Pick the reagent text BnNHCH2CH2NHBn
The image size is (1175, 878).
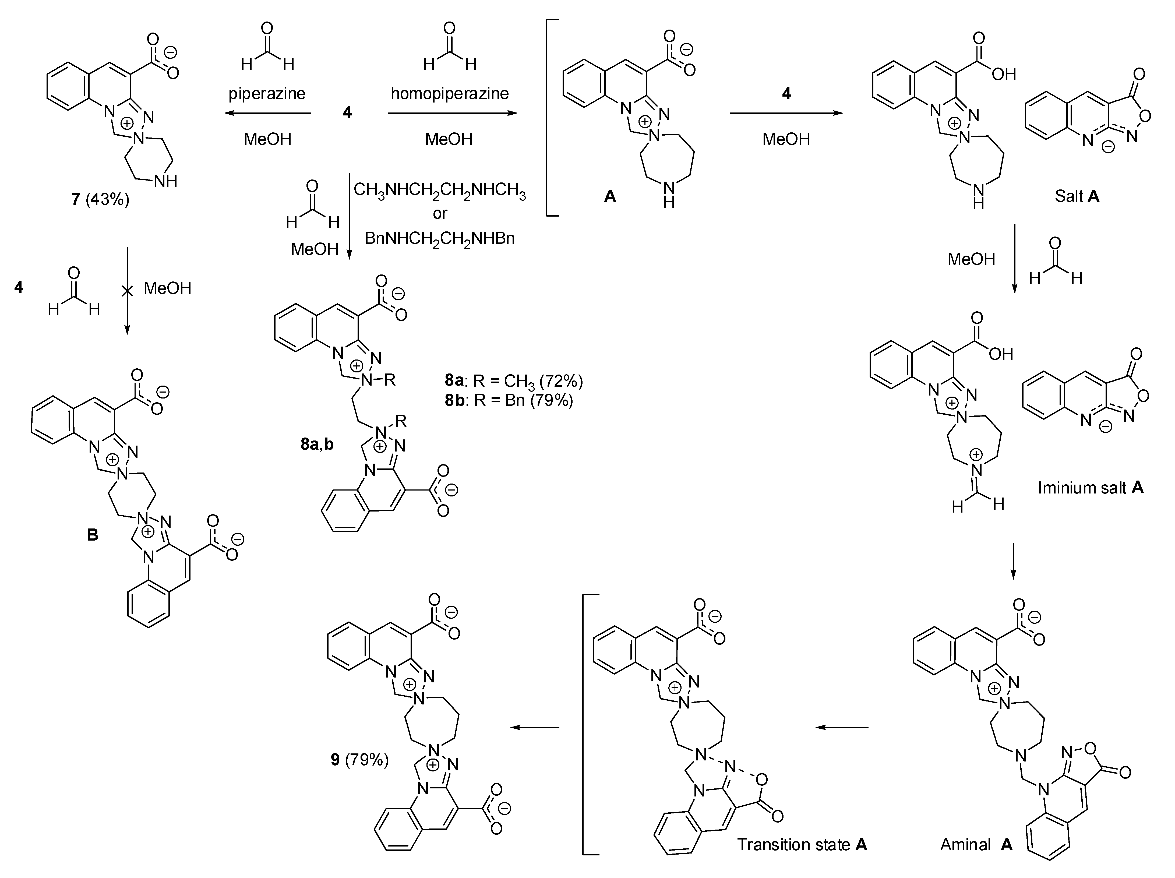pyautogui.click(x=440, y=238)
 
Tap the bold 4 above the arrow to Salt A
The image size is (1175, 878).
pyautogui.click(x=786, y=93)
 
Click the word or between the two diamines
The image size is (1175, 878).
pyautogui.click(x=440, y=214)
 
